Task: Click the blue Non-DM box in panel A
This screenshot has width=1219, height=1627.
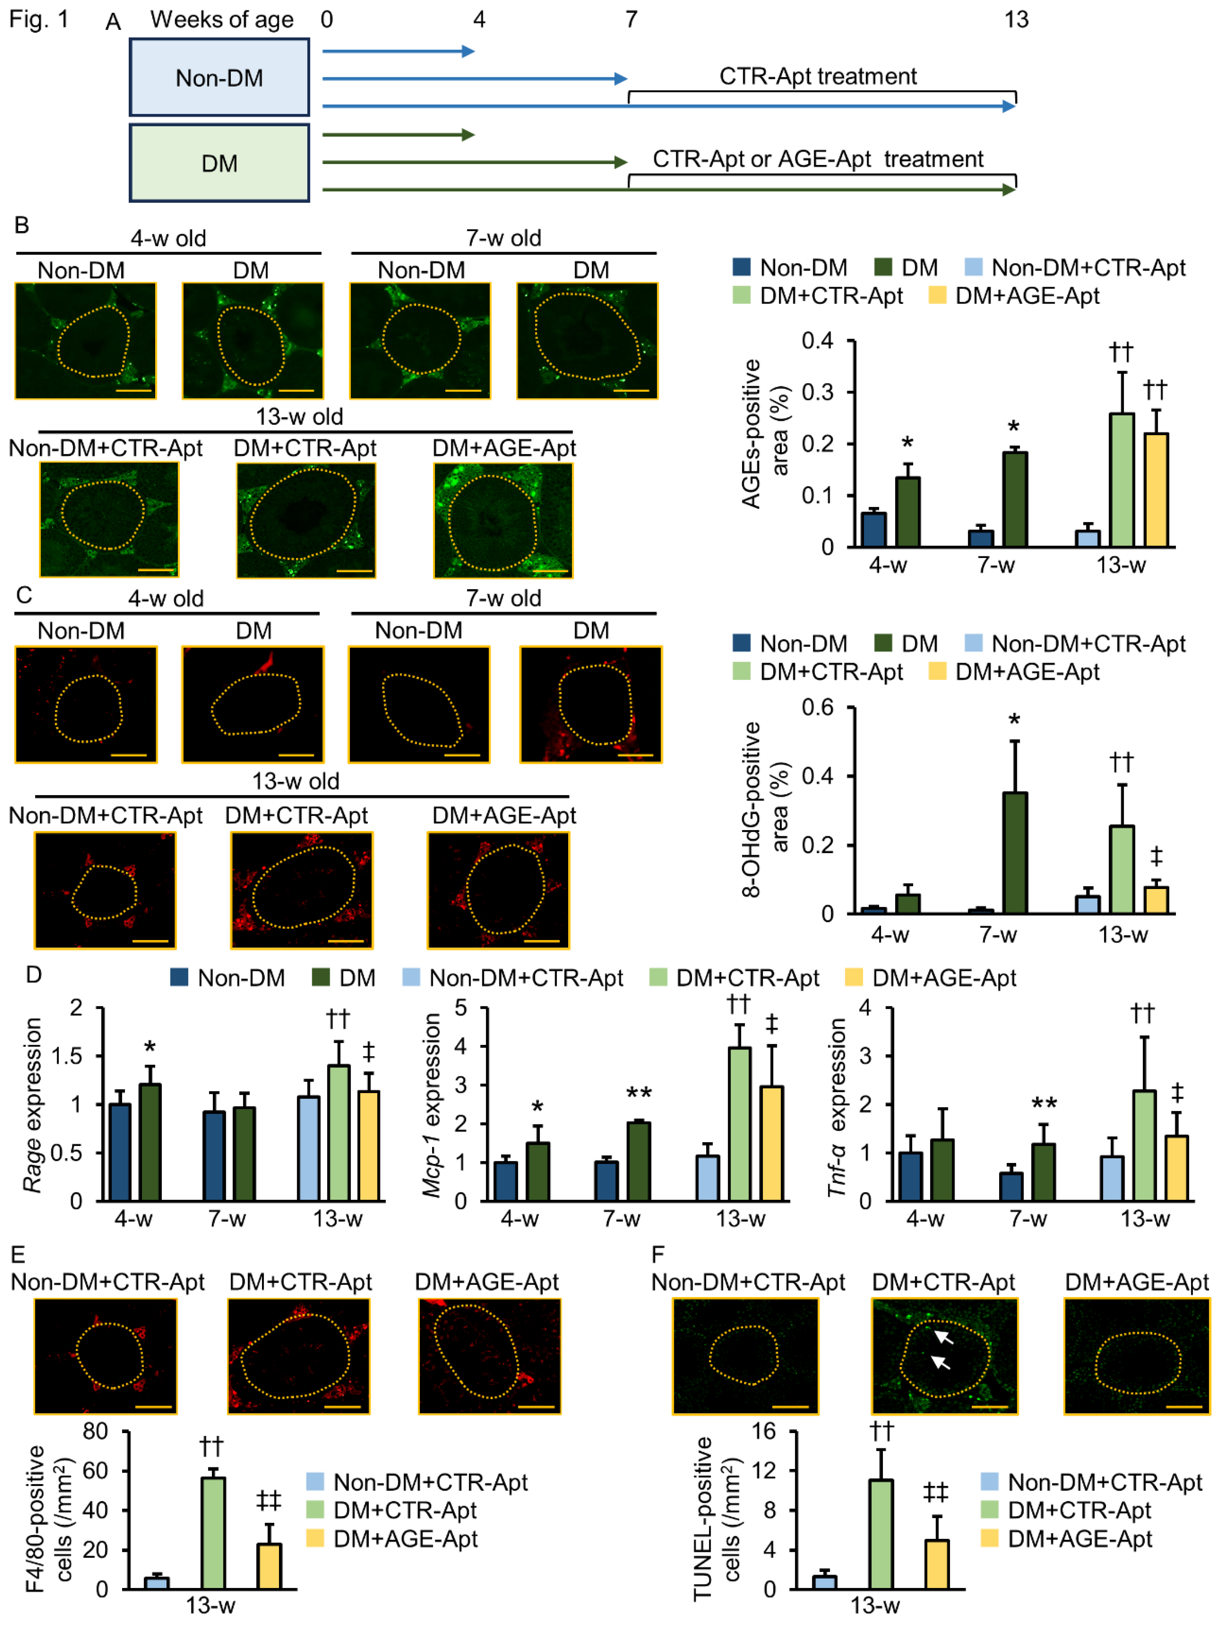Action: pos(219,77)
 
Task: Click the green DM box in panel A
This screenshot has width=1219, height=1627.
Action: pos(219,163)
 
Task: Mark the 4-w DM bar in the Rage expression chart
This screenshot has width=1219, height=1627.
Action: pos(150,1141)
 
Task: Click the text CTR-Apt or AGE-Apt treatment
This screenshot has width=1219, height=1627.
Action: pos(818,159)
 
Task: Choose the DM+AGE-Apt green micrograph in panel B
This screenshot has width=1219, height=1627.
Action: pos(503,519)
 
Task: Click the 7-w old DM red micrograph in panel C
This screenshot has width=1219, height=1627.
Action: pos(590,704)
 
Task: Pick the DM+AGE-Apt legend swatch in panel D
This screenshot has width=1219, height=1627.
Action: pos(854,977)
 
